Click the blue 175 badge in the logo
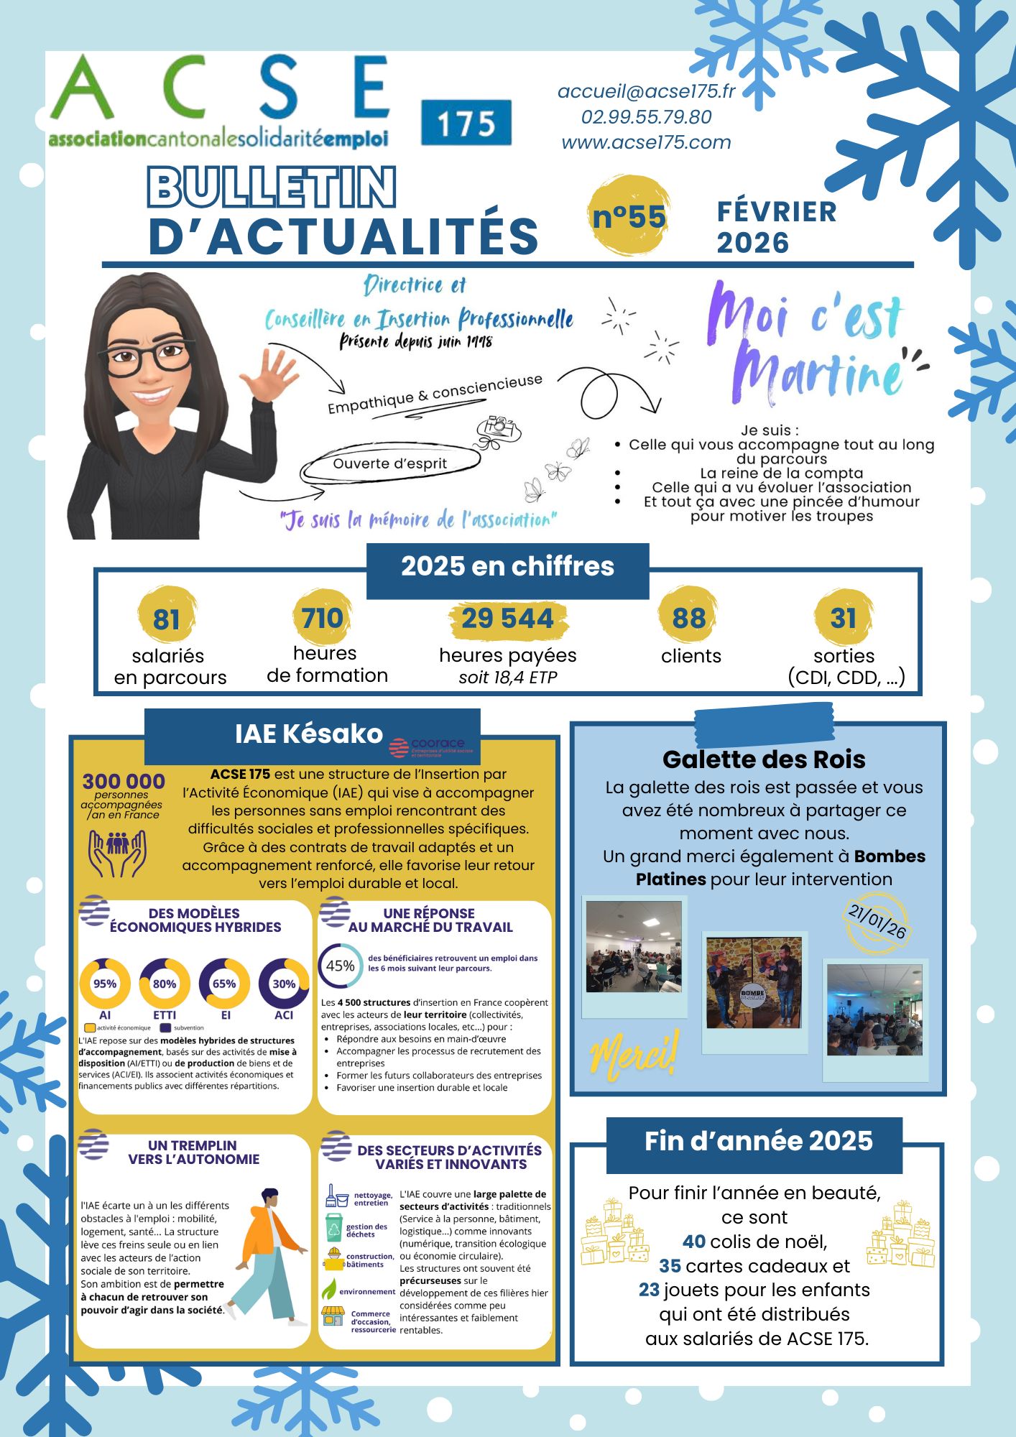coord(466,123)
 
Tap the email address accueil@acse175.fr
coord(646,92)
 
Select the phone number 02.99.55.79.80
coord(646,117)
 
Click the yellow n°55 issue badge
coord(629,216)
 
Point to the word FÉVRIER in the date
coord(777,212)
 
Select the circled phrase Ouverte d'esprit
coord(390,463)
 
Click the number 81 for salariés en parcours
coord(166,619)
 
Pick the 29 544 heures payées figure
coord(507,619)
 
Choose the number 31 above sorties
coord(844,618)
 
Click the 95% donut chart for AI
coord(105,984)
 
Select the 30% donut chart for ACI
coord(284,984)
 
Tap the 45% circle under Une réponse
coord(340,966)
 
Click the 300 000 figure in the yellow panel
coord(124,781)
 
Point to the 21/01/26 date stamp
coord(877,921)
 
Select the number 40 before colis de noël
coord(694,1242)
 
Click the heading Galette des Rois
coord(764,759)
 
